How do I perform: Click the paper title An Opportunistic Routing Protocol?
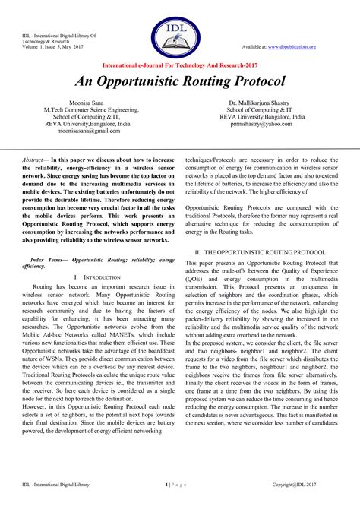179,81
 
